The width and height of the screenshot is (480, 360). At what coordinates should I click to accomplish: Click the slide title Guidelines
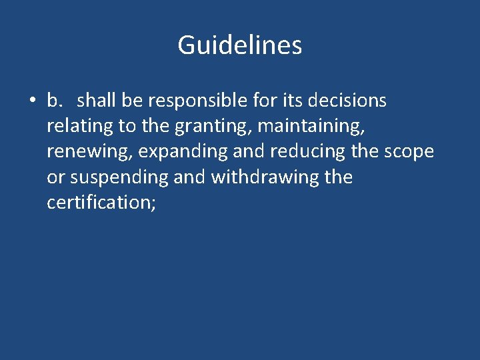(x=240, y=45)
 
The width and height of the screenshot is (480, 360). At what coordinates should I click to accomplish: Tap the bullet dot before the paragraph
(x=31, y=101)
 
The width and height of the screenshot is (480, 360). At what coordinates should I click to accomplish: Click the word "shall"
(x=96, y=101)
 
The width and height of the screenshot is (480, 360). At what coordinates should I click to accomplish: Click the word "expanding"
(x=185, y=152)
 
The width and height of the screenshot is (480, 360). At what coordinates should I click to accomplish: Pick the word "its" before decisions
(x=285, y=101)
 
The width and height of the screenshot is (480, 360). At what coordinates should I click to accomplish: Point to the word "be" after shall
(x=133, y=101)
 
